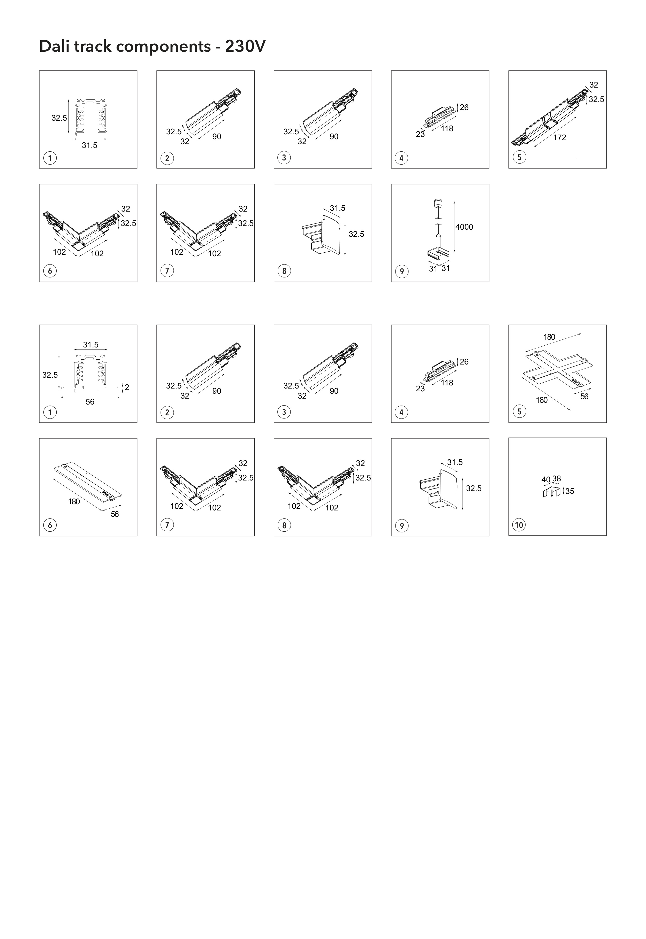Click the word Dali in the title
[x=55, y=46]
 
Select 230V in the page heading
[x=245, y=46]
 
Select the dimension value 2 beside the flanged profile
[x=127, y=387]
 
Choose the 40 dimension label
[x=546, y=480]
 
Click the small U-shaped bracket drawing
[x=552, y=493]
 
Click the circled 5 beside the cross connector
[x=519, y=412]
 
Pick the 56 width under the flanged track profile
[x=90, y=402]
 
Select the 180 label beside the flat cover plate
[x=74, y=501]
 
